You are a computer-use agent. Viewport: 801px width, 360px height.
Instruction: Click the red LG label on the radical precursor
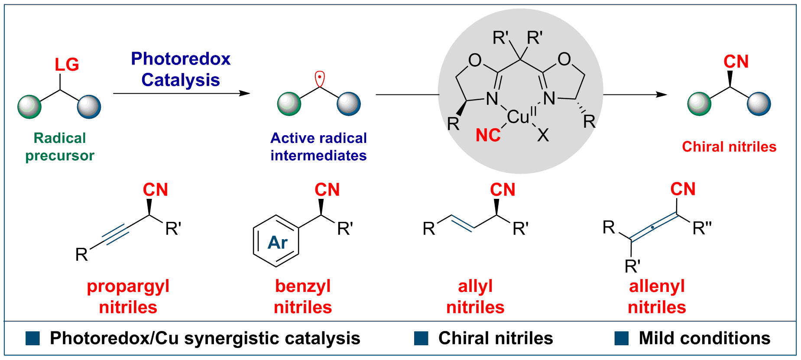[x=67, y=65]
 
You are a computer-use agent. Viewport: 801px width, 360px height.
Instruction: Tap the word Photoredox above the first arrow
[x=181, y=59]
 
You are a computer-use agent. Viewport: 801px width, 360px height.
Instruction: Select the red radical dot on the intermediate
[x=319, y=78]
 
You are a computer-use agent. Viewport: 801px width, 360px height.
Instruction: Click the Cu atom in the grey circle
[x=518, y=117]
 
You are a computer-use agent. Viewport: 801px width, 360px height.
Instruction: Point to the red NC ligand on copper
[x=488, y=136]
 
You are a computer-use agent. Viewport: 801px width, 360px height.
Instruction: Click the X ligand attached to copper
[x=543, y=136]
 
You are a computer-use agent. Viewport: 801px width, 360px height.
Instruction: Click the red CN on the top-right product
[x=736, y=62]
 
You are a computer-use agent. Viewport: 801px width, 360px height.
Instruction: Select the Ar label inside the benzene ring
[x=277, y=243]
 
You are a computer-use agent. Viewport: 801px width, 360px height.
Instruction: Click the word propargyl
[x=128, y=286]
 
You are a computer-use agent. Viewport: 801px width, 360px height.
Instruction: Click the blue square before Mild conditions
[x=621, y=338]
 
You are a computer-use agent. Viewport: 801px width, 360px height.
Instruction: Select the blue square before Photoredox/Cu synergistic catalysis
[x=32, y=338]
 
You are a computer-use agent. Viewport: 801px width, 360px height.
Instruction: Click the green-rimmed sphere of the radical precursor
[x=29, y=106]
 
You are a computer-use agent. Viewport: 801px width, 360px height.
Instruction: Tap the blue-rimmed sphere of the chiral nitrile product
[x=759, y=104]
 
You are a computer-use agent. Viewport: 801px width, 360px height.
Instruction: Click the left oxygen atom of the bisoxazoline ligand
[x=475, y=60]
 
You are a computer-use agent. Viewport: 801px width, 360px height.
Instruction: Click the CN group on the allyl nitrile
[x=503, y=190]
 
